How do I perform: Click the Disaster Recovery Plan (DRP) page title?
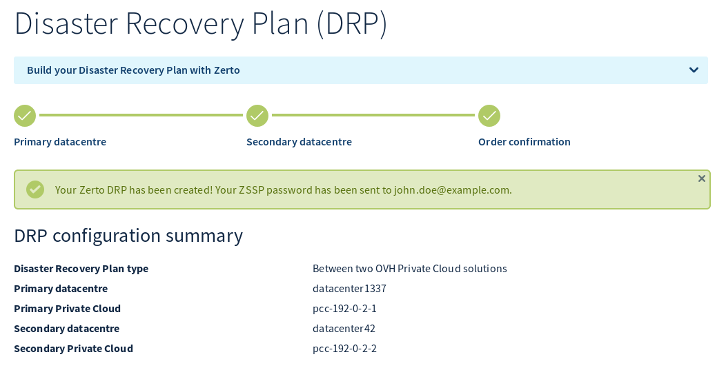201,24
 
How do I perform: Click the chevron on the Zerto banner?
694,70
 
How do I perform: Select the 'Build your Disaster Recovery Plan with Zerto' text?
133,70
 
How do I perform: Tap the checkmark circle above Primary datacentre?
25,116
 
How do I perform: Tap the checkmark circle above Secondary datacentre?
257,116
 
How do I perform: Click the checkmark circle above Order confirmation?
489,116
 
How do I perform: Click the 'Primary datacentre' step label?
60,142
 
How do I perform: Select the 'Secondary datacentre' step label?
299,142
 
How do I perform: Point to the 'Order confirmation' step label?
524,142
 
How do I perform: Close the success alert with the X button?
701,178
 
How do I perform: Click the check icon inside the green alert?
35,189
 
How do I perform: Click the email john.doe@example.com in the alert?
452,190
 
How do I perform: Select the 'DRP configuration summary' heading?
128,236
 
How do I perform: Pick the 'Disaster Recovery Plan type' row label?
81,269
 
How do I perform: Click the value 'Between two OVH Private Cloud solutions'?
409,269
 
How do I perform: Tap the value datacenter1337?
349,289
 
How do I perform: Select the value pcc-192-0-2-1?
344,309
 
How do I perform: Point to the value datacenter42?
344,329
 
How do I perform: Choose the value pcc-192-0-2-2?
344,349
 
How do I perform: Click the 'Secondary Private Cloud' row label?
73,349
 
